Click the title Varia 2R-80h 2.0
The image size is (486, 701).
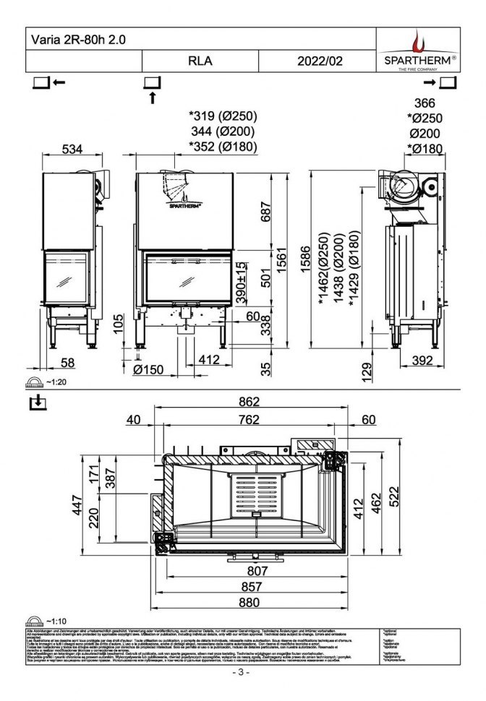click(76, 40)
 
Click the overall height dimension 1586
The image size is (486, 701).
click(306, 256)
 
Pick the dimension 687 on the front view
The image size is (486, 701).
click(267, 212)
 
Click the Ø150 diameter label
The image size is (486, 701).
click(148, 369)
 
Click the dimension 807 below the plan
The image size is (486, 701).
click(252, 571)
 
